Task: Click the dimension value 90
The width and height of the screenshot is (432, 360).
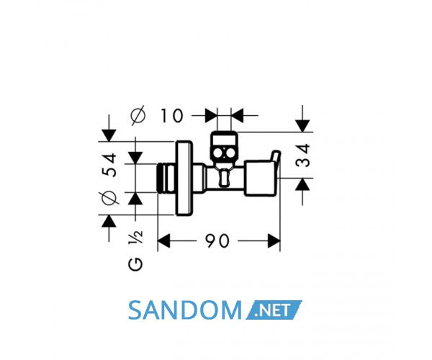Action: [217, 240]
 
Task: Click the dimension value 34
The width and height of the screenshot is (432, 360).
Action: [302, 156]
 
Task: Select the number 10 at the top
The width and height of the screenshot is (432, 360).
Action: [171, 116]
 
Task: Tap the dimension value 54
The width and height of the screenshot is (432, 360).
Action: [109, 165]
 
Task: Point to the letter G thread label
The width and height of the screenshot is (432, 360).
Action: [135, 265]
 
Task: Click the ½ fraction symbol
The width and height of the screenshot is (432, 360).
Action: [136, 237]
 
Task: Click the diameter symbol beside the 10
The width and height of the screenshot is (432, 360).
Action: [138, 115]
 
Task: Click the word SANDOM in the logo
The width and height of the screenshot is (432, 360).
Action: [184, 310]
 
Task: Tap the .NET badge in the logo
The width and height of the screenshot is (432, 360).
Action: [274, 310]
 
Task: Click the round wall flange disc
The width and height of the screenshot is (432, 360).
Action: [184, 179]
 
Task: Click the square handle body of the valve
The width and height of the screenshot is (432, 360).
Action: [259, 178]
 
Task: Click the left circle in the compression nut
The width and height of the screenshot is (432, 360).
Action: [218, 153]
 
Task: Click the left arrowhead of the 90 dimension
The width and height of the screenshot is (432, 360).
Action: [163, 240]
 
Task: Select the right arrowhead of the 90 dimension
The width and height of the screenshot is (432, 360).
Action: [274, 240]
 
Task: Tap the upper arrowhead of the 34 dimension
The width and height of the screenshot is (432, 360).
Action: [302, 126]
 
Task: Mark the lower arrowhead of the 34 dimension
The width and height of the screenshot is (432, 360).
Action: [302, 184]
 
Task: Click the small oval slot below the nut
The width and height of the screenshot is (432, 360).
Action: [224, 178]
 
